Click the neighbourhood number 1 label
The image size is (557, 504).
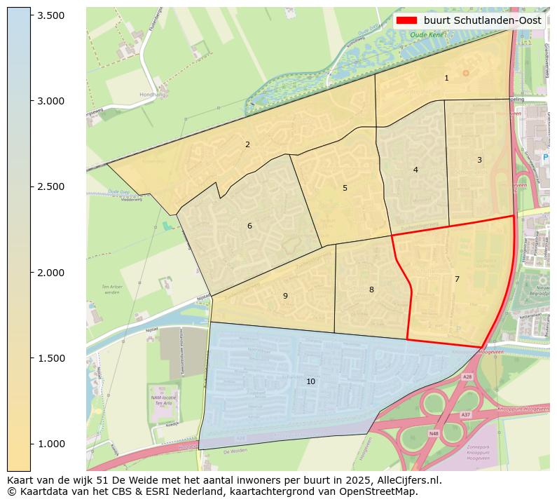tap(446, 78)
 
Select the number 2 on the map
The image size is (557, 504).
tap(247, 144)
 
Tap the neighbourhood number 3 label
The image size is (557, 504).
tap(479, 160)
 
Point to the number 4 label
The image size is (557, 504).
tap(415, 170)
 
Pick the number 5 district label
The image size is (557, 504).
tap(345, 188)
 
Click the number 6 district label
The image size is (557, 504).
tap(249, 226)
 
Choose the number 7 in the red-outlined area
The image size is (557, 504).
tap(457, 279)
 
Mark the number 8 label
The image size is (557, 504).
tap(371, 290)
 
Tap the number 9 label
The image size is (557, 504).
tap(285, 296)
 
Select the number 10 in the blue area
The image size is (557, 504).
tap(310, 381)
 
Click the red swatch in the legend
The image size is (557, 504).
tap(407, 20)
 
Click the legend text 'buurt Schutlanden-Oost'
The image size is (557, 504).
tap(482, 20)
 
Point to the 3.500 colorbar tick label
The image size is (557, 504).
tap(50, 15)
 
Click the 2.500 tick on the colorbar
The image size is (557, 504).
tap(50, 186)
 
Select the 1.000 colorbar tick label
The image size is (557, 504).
tap(50, 444)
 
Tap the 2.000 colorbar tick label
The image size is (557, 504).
tap(50, 273)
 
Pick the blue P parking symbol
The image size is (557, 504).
tap(545, 158)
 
